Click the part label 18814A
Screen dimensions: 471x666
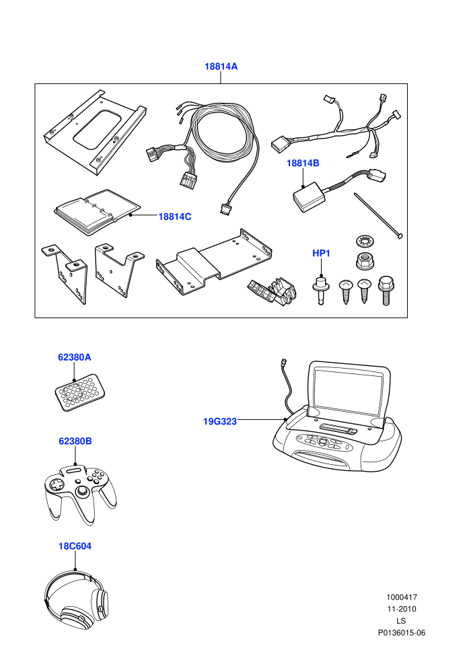pyautogui.click(x=221, y=67)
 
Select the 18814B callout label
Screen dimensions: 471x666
pyautogui.click(x=303, y=163)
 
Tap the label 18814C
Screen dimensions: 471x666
pyautogui.click(x=175, y=217)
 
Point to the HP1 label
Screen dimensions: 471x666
pyautogui.click(x=321, y=253)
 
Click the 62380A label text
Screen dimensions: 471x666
pyautogui.click(x=74, y=357)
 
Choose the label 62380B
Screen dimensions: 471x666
pyautogui.click(x=75, y=441)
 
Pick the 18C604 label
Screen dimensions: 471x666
pyautogui.click(x=75, y=546)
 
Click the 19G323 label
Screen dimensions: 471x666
pyautogui.click(x=220, y=421)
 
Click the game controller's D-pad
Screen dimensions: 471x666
pyautogui.click(x=56, y=485)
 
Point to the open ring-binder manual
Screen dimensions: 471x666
pyautogui.click(x=98, y=211)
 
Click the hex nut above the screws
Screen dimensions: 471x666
pyautogui.click(x=365, y=260)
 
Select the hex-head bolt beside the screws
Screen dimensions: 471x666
pyautogui.click(x=386, y=290)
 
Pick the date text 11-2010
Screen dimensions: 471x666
pyautogui.click(x=401, y=609)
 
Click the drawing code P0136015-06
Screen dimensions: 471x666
pyautogui.click(x=402, y=632)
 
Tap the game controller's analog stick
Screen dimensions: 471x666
pyautogui.click(x=81, y=492)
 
